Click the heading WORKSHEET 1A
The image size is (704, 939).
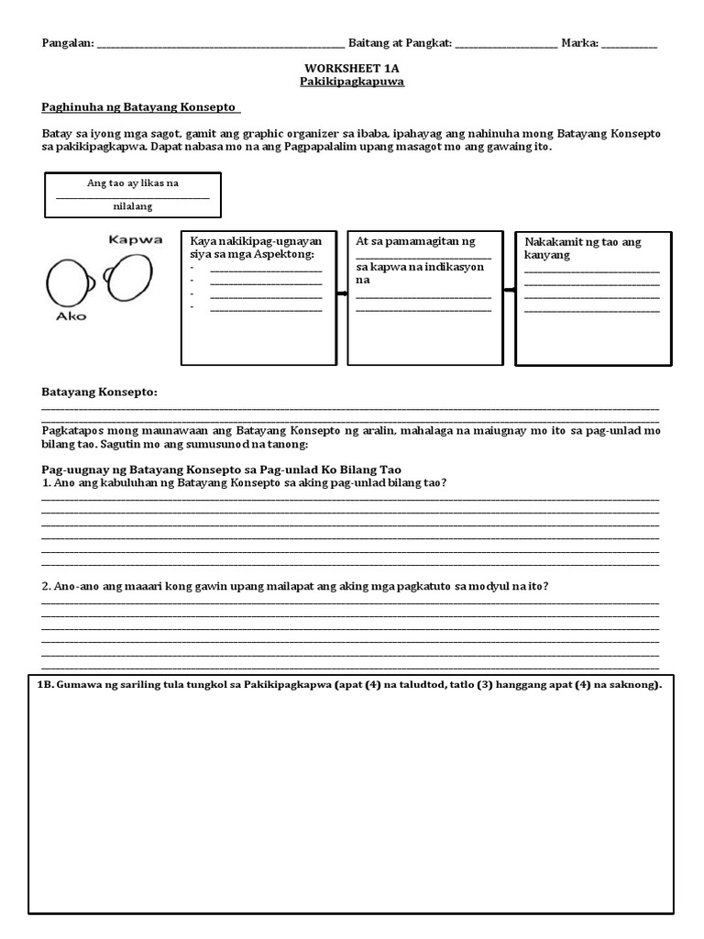352,69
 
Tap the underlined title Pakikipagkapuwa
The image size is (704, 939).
352,82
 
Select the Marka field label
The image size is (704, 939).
579,43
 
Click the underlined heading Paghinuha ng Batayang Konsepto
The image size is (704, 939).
140,108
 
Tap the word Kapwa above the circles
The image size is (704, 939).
135,240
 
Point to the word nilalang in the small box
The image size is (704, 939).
132,207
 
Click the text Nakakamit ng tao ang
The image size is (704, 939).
582,242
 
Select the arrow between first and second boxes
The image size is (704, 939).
343,293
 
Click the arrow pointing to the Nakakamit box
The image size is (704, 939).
509,290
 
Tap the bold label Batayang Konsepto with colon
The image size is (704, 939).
99,392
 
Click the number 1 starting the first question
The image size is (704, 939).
45,482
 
